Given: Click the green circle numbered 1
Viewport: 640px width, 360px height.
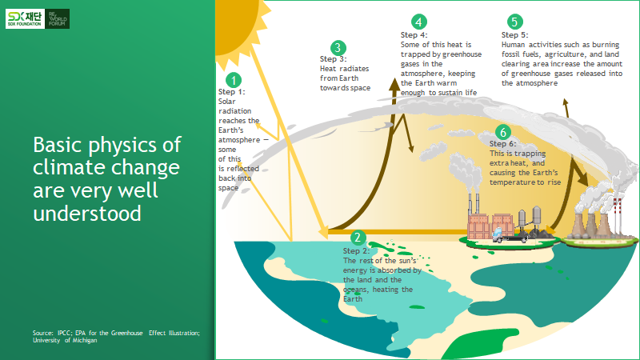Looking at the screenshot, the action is click(233, 80).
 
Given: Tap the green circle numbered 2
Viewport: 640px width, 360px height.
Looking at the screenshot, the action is click(358, 238).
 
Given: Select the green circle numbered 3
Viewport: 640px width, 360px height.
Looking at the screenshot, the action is click(339, 47).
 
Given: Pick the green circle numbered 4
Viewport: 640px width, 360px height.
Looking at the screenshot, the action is click(418, 22).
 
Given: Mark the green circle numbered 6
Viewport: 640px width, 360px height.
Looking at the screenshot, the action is click(502, 131).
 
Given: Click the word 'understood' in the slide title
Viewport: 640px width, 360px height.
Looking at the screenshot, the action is click(87, 214).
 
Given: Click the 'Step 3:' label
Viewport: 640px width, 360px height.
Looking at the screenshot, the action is click(334, 59).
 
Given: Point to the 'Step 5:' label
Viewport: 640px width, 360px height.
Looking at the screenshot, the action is click(514, 35).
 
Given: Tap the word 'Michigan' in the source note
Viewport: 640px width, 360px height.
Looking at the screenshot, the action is click(82, 340).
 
